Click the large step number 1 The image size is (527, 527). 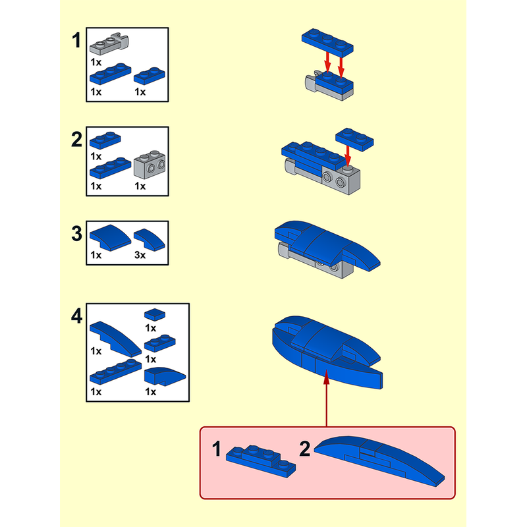click(x=76, y=40)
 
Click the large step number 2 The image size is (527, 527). click(x=76, y=139)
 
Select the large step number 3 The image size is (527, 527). click(x=76, y=234)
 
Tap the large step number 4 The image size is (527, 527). click(x=76, y=316)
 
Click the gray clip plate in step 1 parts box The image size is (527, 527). click(x=109, y=43)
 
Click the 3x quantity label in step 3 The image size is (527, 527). click(x=140, y=255)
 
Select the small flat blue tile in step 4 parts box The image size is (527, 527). click(x=155, y=314)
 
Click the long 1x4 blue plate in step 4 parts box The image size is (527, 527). click(x=116, y=372)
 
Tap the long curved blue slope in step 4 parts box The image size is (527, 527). click(x=116, y=339)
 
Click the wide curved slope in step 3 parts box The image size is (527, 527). click(x=110, y=238)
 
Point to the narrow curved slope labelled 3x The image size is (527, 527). click(x=150, y=240)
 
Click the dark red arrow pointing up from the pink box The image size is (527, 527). click(x=326, y=398)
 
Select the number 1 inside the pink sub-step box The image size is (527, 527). click(x=217, y=449)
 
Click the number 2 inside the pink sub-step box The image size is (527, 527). click(x=304, y=449)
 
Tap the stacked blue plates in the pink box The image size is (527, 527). click(x=261, y=461)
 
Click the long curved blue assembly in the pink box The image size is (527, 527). click(x=379, y=460)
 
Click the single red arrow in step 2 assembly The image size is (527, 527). click(x=348, y=156)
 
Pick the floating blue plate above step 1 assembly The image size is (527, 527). click(x=327, y=43)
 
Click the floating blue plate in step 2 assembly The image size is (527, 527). click(x=354, y=139)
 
